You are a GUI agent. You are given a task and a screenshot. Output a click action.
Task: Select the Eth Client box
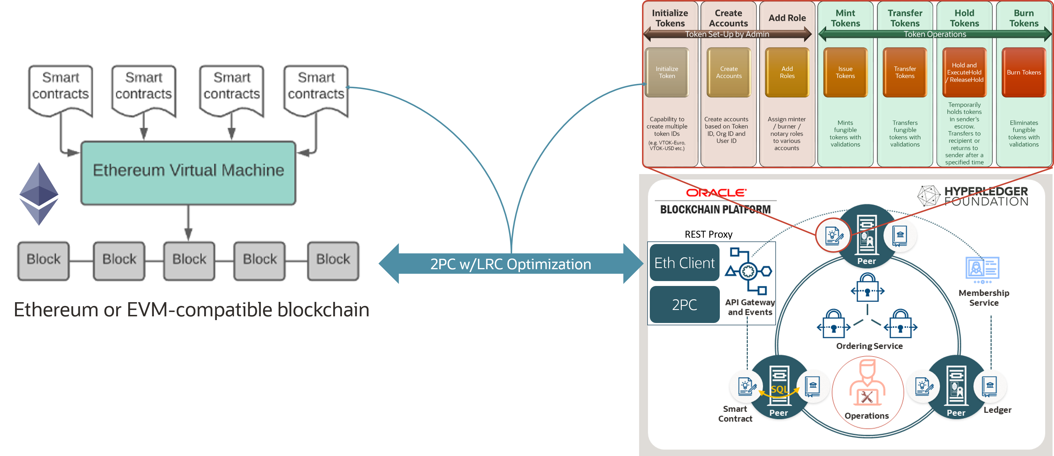pos(685,263)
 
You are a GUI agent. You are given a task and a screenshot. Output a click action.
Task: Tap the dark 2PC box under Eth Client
pos(685,305)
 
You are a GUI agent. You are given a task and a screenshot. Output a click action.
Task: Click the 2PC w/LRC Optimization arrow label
pos(511,264)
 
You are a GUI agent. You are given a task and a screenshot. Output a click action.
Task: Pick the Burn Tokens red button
pos(1024,72)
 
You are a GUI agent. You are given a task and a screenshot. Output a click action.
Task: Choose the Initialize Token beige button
pos(667,72)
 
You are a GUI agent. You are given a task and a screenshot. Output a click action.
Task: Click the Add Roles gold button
pos(787,72)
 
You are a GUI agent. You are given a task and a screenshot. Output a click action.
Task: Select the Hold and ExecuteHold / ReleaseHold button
pos(964,72)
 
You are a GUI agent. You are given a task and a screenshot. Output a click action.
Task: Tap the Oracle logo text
pos(716,192)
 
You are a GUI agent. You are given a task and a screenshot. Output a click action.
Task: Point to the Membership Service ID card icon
pos(983,269)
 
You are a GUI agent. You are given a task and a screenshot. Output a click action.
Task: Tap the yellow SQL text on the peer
pos(779,389)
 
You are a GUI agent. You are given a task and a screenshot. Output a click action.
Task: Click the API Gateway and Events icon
pos(748,271)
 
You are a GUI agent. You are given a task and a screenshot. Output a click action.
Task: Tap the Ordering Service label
pos(869,346)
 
